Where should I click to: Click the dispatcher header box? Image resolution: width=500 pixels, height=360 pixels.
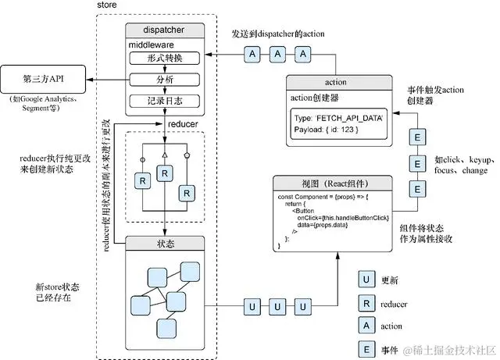point(165,30)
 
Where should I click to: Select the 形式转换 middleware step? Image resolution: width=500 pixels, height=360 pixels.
point(165,59)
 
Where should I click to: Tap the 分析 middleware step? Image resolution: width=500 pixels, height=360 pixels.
point(165,80)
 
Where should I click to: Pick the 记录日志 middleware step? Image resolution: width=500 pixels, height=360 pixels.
point(165,100)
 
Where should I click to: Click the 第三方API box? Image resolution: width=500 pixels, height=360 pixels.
point(44,79)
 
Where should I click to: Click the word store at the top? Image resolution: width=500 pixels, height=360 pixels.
point(108,6)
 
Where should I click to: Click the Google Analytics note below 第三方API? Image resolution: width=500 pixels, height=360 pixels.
point(44,105)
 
